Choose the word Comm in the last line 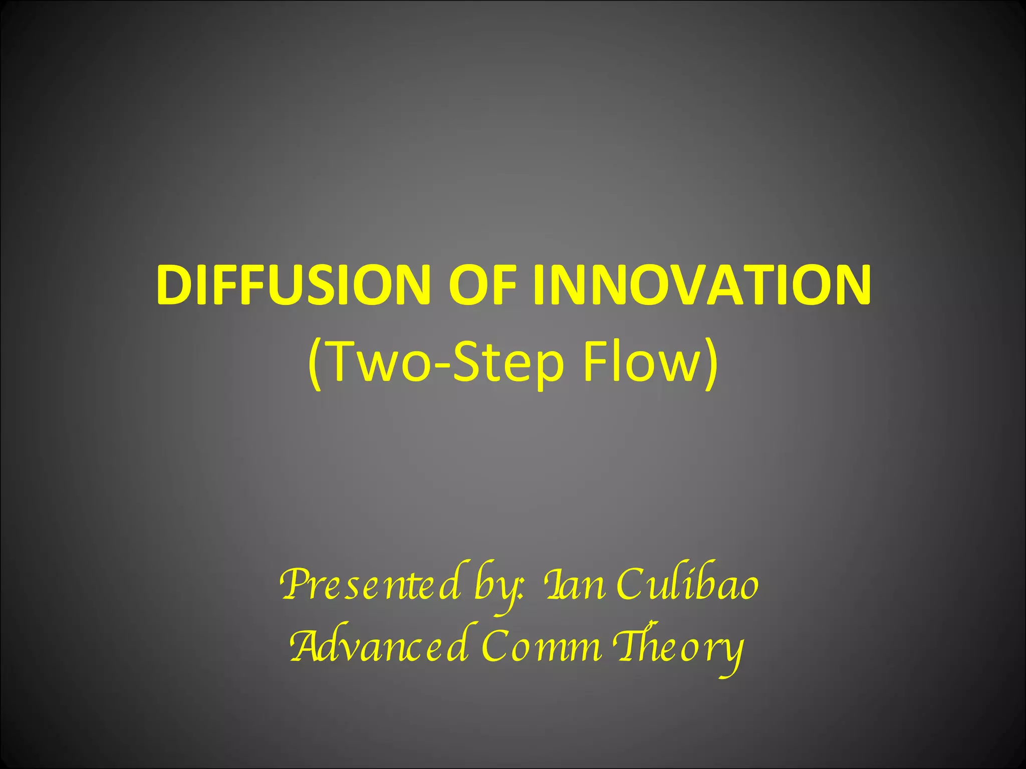[541, 646]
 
